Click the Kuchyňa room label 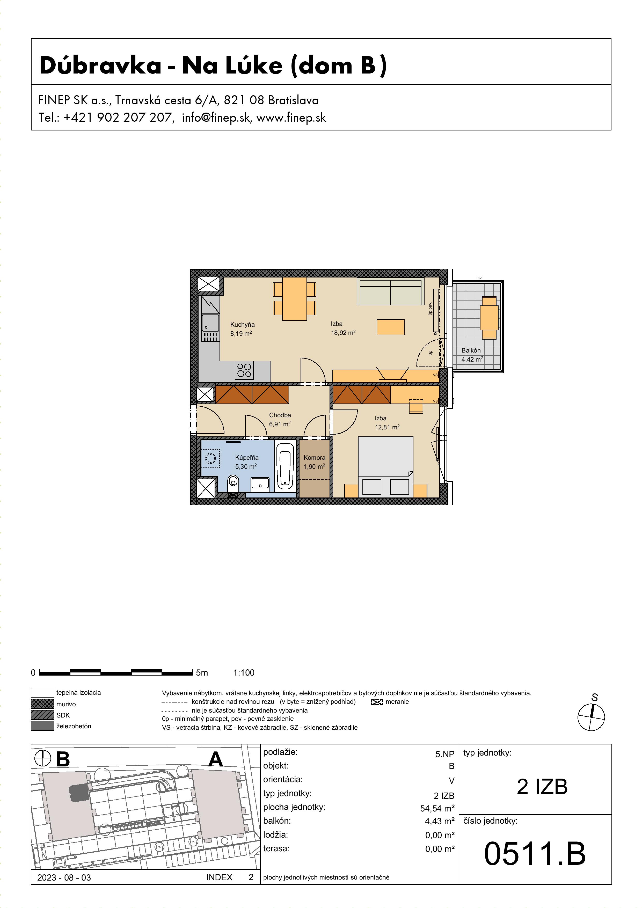coord(243,325)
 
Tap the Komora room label coord(315,458)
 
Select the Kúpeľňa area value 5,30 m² coord(246,467)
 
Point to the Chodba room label coord(280,415)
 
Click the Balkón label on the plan coord(471,350)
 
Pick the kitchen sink coord(210,323)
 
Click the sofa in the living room coord(390,291)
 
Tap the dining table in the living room coord(294,299)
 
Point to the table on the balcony coord(489,318)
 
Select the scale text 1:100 coord(244,673)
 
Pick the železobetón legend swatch coord(42,726)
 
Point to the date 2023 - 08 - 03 coord(64,877)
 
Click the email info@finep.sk coord(216,118)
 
